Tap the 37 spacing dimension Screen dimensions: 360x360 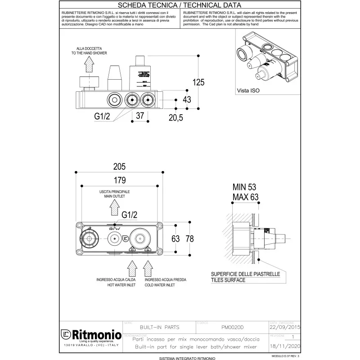click(139, 116)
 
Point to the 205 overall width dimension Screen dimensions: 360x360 click(119, 166)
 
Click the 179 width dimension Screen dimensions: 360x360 click(119, 180)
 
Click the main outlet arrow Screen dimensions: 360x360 click(113, 208)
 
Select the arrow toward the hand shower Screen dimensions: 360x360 click(89, 67)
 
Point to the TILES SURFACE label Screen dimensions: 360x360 click(228, 280)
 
